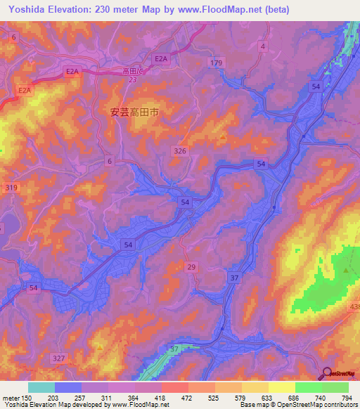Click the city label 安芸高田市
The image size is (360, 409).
(138, 110)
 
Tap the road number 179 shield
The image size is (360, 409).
(216, 63)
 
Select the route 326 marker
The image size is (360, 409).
(180, 151)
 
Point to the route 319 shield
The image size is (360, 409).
(11, 188)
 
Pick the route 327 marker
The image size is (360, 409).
(59, 358)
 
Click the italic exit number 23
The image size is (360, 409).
(133, 79)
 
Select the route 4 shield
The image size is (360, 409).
(263, 46)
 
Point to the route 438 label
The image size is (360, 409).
(354, 308)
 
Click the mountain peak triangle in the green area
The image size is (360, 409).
(346, 270)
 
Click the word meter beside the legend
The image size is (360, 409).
(11, 397)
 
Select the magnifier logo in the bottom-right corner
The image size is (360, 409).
(327, 375)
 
